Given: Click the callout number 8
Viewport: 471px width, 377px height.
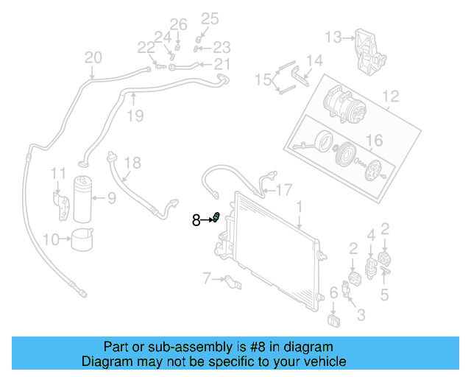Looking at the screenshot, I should pos(196,219).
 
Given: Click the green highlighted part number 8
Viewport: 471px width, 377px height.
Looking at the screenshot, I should pos(217,216).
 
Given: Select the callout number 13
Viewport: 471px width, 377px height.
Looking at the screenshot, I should pos(333,37).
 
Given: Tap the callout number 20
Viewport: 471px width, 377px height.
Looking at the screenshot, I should pos(93,57).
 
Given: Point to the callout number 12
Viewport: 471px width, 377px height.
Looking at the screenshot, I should pos(390,95).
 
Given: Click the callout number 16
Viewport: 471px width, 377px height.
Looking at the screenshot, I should pos(375,140).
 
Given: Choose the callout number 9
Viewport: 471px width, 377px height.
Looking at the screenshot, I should pos(111,197).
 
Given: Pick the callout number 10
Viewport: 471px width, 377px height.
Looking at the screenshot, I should pos(51,239).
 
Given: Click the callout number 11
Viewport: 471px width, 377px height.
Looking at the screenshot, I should pos(58,173).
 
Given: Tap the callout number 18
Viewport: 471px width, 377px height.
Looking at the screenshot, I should pos(132,163).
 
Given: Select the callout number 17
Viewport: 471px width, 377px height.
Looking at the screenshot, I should pos(284,188).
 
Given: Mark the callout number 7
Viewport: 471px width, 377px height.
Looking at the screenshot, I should pos(207,278).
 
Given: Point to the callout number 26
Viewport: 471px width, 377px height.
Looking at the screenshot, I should pos(179,24).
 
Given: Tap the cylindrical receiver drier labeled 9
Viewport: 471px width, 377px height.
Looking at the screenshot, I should pos(84,199).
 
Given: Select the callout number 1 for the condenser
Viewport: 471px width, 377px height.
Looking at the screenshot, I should pos(300,207).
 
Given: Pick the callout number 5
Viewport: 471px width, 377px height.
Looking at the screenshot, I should pos(384,295).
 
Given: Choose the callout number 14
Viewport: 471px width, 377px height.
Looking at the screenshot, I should pos(314,60).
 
